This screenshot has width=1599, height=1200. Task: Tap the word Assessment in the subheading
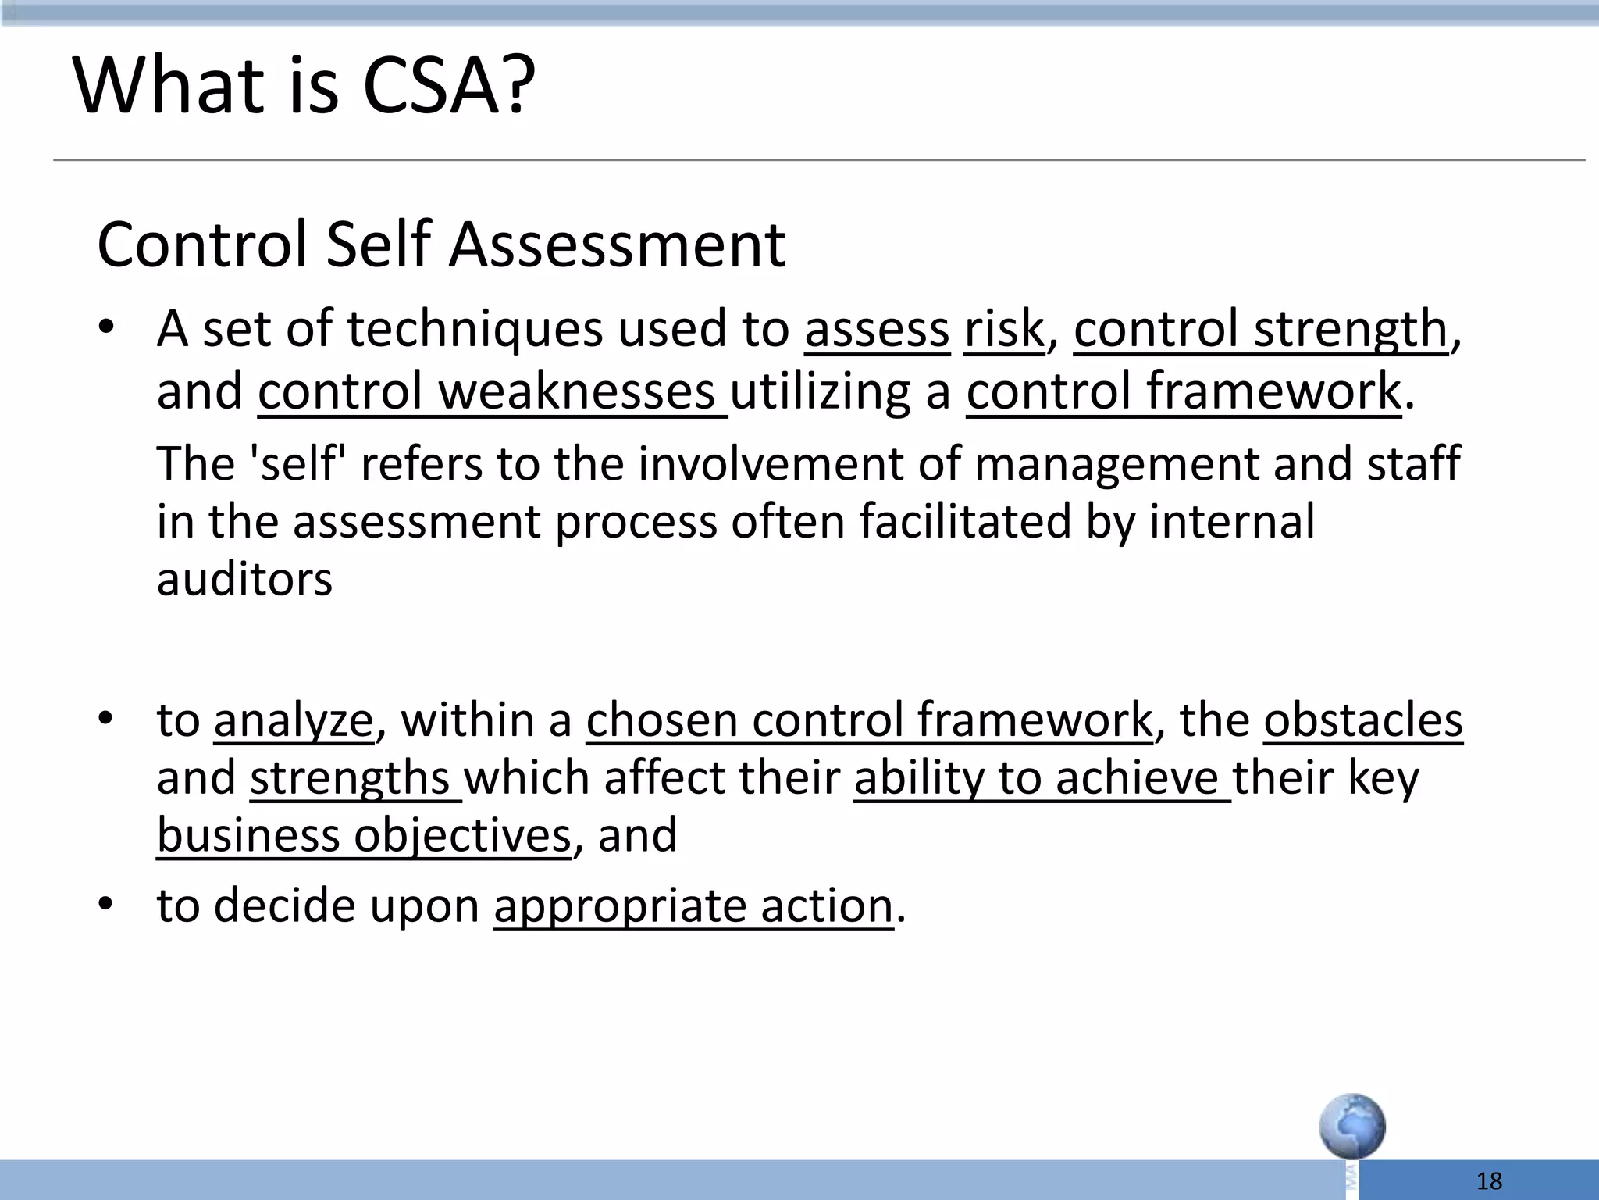[x=617, y=245]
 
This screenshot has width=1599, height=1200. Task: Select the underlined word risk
[x=1003, y=329]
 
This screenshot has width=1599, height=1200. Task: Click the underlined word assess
[x=877, y=329]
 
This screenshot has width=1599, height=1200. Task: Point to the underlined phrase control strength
[x=1260, y=329]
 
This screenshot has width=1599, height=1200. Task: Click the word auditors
[x=244, y=579]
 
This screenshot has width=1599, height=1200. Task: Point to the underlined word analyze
[x=294, y=720]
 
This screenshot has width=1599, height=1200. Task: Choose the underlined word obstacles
[x=1362, y=720]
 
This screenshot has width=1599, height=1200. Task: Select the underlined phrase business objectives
[x=364, y=835]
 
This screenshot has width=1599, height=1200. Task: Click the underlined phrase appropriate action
[x=693, y=905]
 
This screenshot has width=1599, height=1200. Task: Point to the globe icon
[x=1352, y=1127]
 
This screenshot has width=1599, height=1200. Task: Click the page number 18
[x=1490, y=1181]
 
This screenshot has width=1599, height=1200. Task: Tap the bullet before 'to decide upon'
[x=106, y=905]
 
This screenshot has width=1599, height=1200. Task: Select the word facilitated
[x=965, y=521]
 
